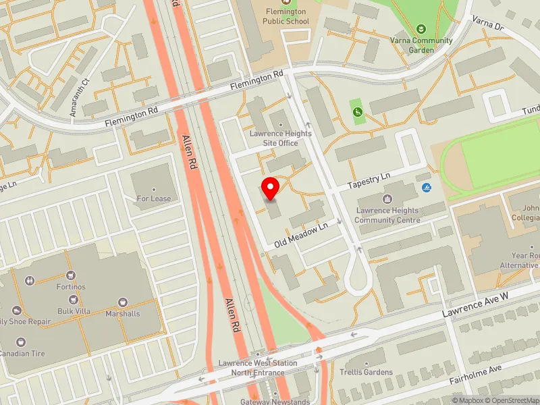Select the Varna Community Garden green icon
tap(422, 29)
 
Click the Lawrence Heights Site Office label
tap(281, 138)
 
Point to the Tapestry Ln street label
tap(369, 180)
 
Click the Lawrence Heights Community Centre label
tap(387, 215)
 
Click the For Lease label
tap(154, 198)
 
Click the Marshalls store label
tap(122, 314)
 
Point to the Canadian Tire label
tap(22, 354)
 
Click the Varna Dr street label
tap(488, 25)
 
